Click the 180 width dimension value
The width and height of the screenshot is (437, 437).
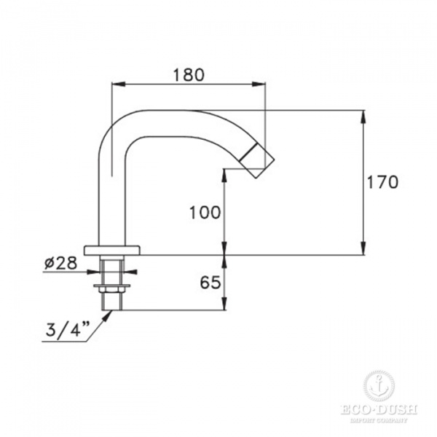[188, 74]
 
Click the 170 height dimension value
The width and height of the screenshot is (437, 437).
[383, 182]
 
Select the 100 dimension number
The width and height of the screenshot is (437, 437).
[205, 213]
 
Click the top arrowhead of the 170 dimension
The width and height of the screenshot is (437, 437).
[363, 114]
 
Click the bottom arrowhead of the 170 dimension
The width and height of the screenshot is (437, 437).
[363, 251]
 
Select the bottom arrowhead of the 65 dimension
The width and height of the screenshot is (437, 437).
[224, 307]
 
